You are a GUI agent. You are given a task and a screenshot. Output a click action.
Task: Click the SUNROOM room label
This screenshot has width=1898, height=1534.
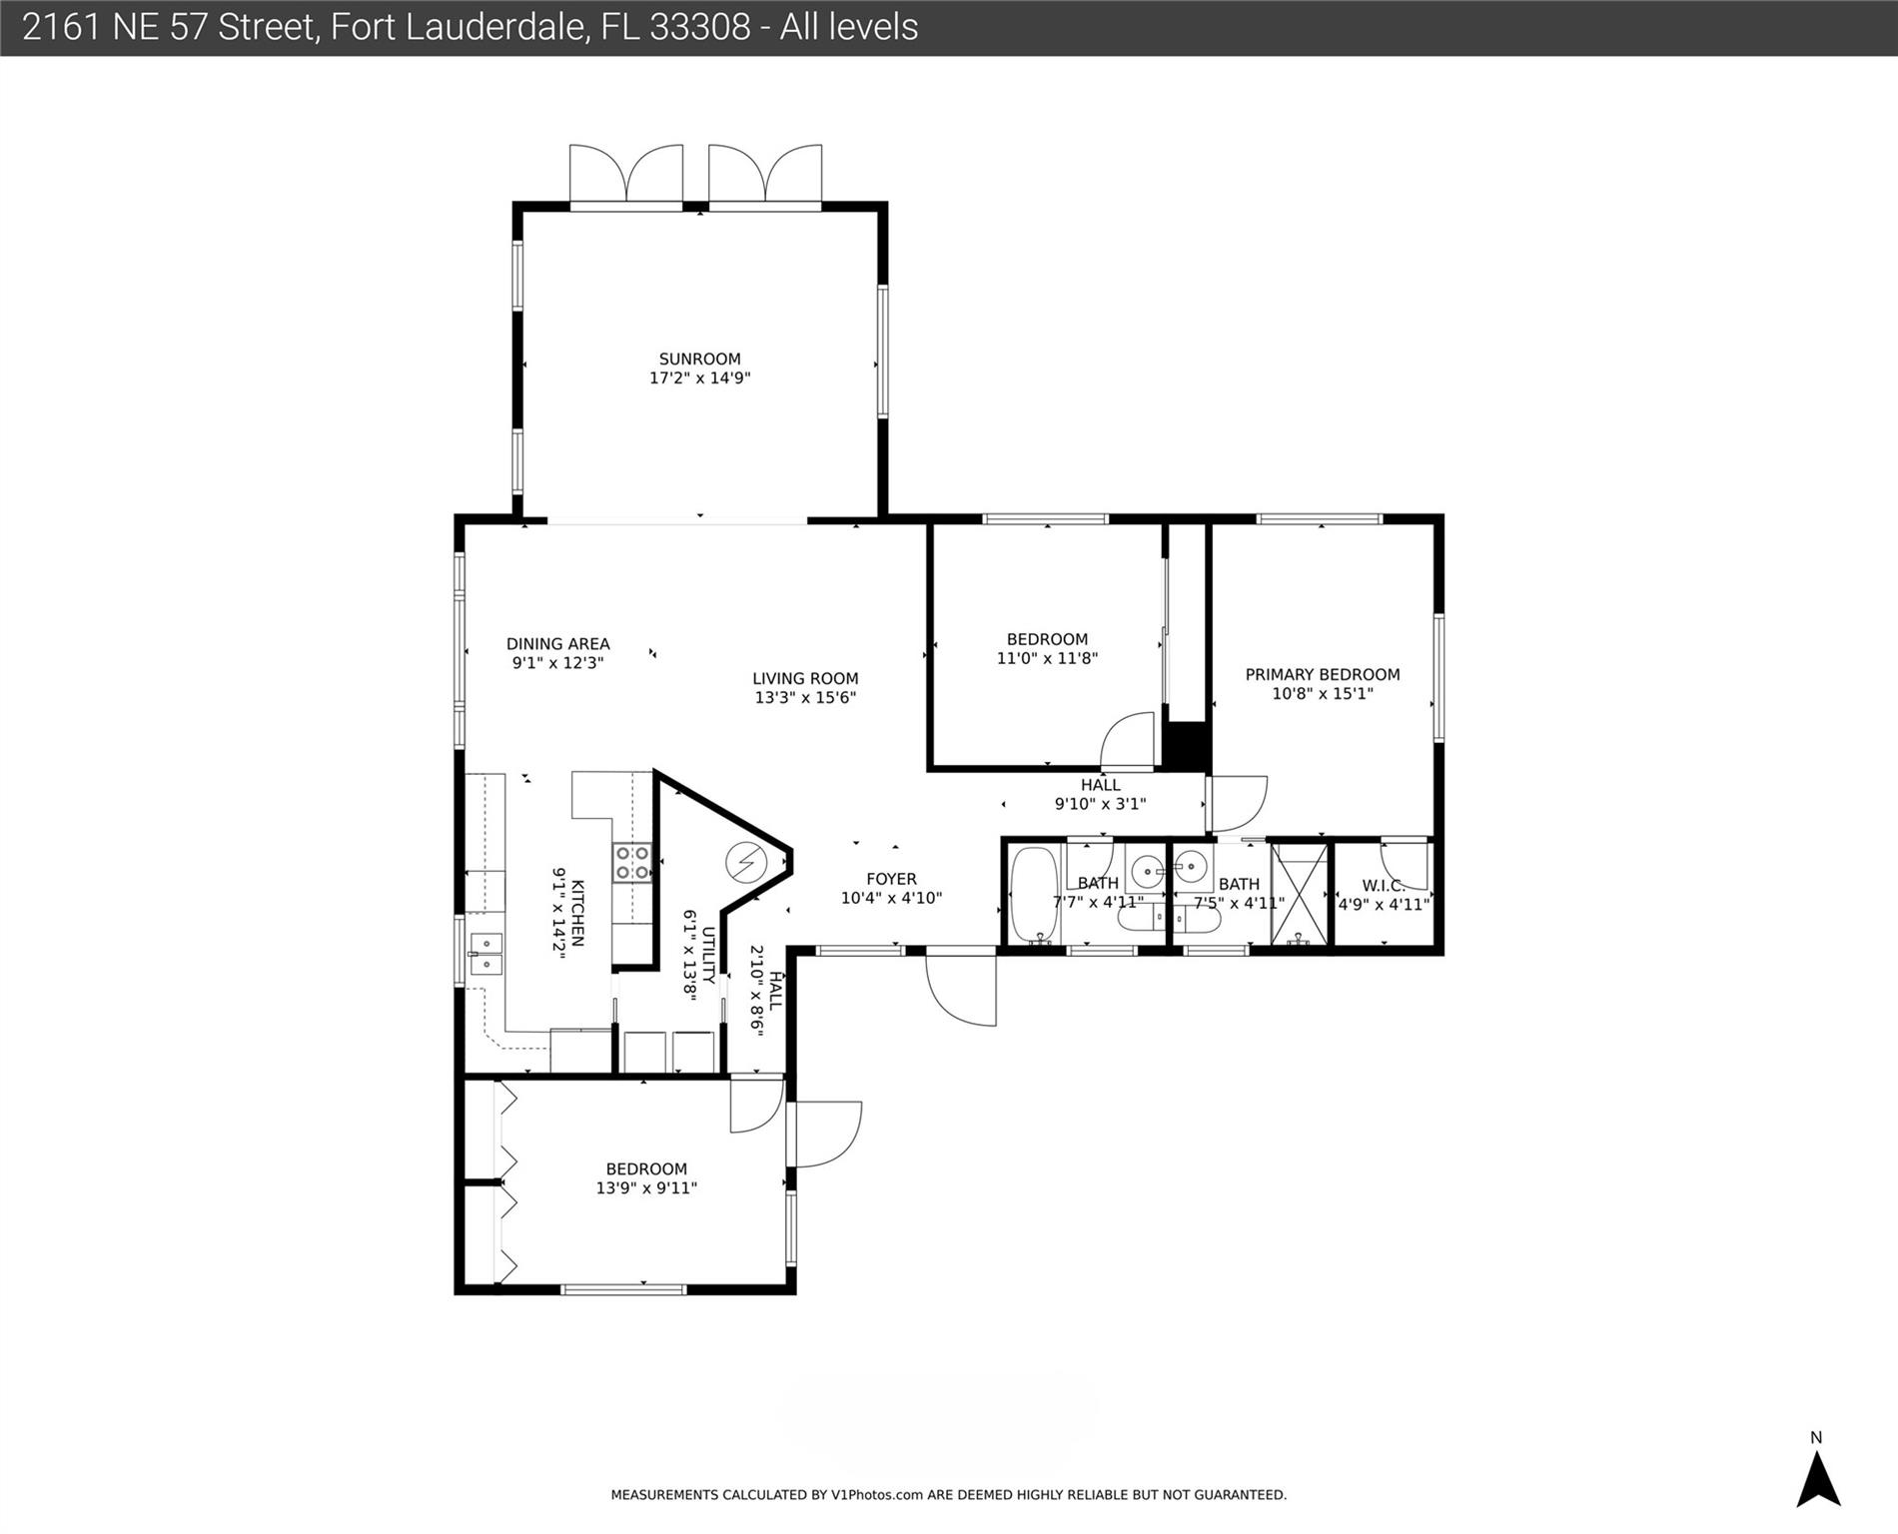pyautogui.click(x=699, y=359)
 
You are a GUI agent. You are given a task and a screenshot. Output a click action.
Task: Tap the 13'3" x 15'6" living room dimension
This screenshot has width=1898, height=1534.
pyautogui.click(x=805, y=698)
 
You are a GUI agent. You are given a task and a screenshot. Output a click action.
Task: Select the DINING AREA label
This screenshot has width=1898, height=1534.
pyautogui.click(x=557, y=644)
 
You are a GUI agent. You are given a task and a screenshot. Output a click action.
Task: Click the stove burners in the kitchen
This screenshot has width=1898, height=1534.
pyautogui.click(x=632, y=863)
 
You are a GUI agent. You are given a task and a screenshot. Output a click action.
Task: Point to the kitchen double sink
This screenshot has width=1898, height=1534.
pyautogui.click(x=486, y=954)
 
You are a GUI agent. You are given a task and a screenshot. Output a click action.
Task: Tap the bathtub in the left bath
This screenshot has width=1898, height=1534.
pyautogui.click(x=1033, y=893)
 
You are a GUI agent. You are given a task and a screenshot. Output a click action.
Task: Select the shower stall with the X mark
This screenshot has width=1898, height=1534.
pyautogui.click(x=1299, y=893)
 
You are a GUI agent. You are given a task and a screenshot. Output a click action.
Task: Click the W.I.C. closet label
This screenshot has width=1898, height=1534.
pyautogui.click(x=1384, y=886)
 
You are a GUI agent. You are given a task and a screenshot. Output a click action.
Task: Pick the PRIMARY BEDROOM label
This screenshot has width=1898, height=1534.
pyautogui.click(x=1322, y=675)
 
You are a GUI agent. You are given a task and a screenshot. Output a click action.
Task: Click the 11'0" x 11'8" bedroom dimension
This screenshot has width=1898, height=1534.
pyautogui.click(x=1047, y=659)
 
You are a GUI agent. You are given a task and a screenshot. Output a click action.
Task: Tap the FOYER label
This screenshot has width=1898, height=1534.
pyautogui.click(x=891, y=879)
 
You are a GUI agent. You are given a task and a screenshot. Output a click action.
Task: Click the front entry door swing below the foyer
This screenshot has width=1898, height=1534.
pyautogui.click(x=959, y=989)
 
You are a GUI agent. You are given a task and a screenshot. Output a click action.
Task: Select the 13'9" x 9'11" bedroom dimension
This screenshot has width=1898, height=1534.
pyautogui.click(x=646, y=1188)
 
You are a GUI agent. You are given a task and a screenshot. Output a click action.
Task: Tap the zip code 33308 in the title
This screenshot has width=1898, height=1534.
pyautogui.click(x=699, y=27)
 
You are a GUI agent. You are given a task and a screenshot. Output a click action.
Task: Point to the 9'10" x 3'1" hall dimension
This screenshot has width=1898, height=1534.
pyautogui.click(x=1100, y=804)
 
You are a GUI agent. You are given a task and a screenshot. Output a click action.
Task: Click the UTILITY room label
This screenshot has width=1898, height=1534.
pyautogui.click(x=708, y=955)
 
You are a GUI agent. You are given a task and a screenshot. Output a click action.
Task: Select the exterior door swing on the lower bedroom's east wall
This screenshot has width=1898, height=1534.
pyautogui.click(x=827, y=1134)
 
